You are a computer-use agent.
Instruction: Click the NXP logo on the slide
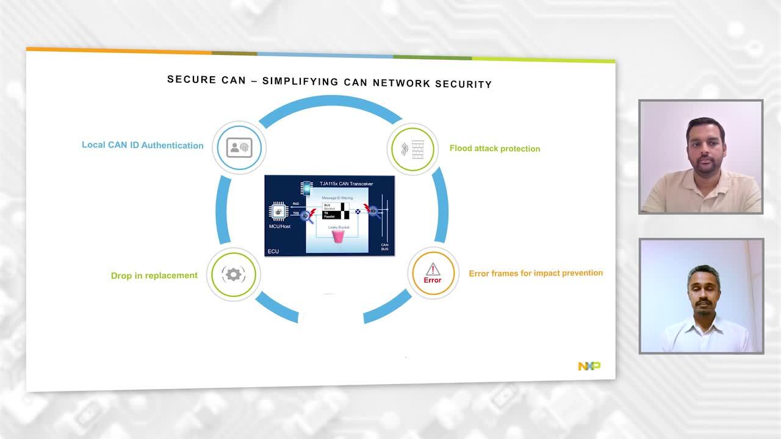(x=589, y=366)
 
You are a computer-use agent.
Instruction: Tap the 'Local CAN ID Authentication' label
(x=143, y=145)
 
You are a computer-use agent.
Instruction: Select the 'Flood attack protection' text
(x=495, y=148)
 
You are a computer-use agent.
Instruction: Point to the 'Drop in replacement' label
(x=154, y=276)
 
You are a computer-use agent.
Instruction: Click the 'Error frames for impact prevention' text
(x=536, y=273)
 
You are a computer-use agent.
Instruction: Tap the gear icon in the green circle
(x=233, y=274)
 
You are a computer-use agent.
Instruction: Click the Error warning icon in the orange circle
(x=433, y=273)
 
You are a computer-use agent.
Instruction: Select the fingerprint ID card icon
(x=239, y=148)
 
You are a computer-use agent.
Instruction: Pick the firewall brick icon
(x=417, y=149)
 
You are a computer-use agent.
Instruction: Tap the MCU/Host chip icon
(x=279, y=212)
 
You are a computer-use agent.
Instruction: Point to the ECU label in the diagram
(x=273, y=251)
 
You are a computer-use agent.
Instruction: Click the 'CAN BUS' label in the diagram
(x=384, y=247)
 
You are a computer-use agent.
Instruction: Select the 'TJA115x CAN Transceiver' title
(x=347, y=184)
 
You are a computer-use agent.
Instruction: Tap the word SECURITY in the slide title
(x=463, y=84)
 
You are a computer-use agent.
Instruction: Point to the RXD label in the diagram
(x=296, y=204)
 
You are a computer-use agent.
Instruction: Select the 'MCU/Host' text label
(x=279, y=227)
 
